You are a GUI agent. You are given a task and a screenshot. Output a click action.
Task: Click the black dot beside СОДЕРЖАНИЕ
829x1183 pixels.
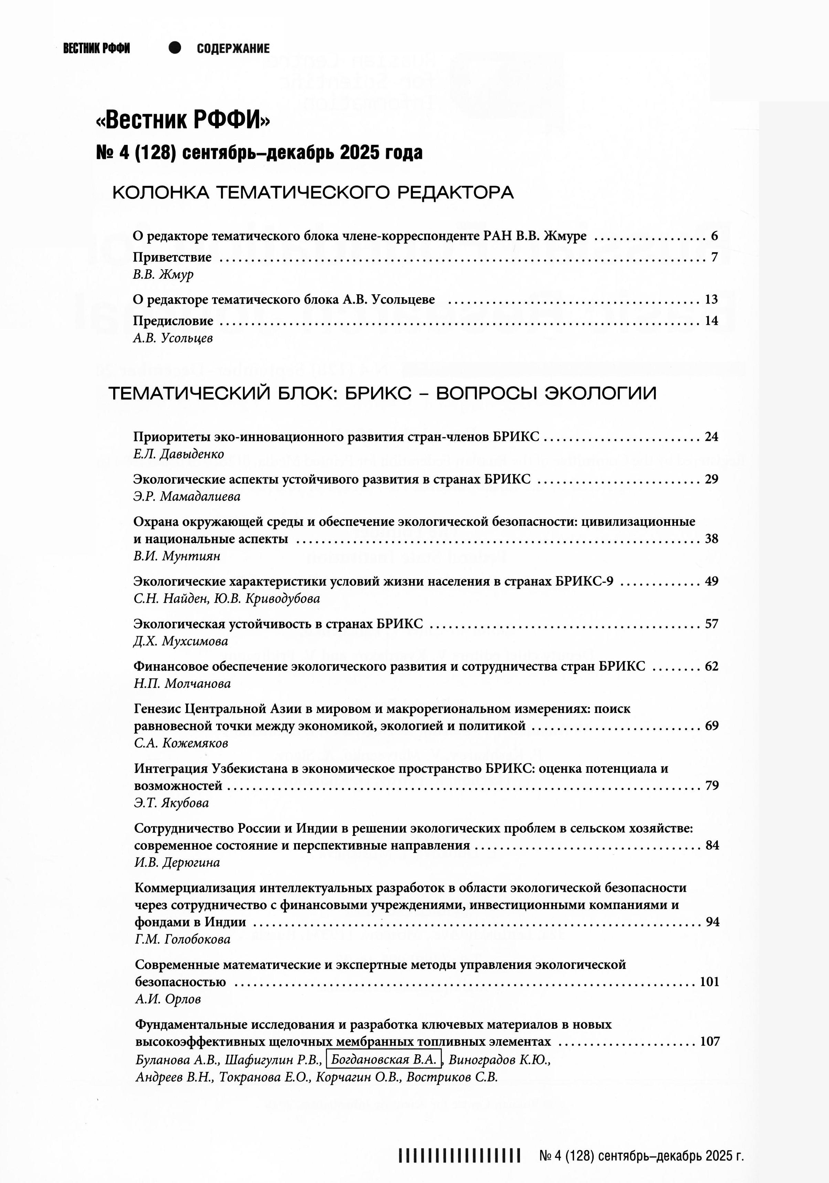click(175, 48)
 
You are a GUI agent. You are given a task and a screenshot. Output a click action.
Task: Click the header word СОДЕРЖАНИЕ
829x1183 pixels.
click(233, 49)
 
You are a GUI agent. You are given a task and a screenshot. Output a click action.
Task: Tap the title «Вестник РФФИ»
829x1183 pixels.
click(183, 121)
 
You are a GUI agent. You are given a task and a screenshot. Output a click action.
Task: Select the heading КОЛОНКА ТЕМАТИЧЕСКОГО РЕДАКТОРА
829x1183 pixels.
click(313, 193)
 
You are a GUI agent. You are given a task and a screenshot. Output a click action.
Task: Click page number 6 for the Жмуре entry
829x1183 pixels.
click(714, 236)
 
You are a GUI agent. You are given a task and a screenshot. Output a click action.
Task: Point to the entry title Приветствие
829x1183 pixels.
click(172, 257)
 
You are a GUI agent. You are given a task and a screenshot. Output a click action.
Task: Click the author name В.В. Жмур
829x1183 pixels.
click(163, 275)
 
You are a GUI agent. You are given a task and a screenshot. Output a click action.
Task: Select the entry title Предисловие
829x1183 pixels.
click(173, 320)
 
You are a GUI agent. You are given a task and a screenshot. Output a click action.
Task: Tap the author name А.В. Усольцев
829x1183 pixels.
click(173, 338)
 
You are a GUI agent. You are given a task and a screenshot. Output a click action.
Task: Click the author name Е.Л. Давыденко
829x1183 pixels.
click(178, 454)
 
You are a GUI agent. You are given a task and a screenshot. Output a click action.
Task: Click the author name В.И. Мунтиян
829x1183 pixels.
click(177, 556)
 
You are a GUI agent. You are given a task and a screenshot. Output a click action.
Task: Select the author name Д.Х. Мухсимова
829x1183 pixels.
click(180, 641)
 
